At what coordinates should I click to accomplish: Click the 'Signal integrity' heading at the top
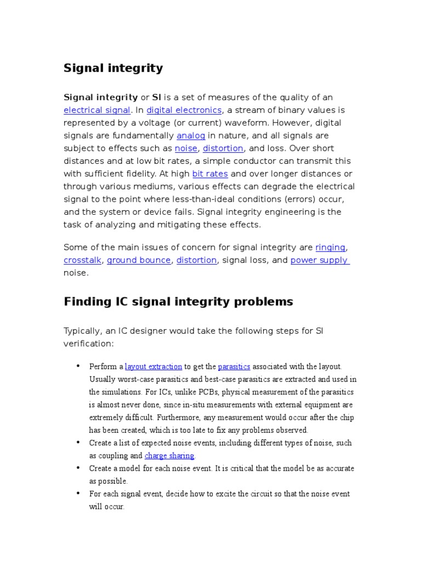113,68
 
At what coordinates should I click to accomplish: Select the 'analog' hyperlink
191,135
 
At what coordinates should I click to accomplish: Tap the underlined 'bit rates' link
210,174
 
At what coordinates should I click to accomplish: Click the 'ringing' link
331,247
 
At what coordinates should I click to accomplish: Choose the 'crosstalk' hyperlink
83,260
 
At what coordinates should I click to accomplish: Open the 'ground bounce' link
139,260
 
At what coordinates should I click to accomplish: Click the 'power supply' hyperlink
319,260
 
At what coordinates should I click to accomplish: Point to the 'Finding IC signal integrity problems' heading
179,302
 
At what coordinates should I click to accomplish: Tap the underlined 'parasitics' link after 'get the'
234,367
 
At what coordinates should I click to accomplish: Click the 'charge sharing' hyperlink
169,456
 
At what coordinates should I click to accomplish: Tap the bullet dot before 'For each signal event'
77,493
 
